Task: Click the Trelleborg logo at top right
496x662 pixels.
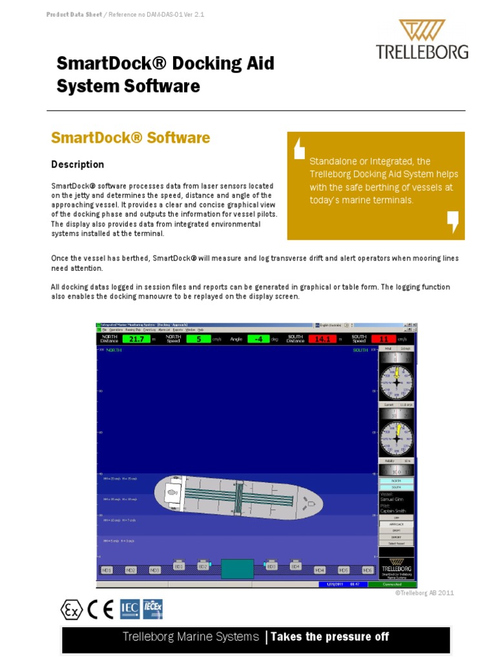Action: [422, 39]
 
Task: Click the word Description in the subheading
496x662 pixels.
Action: [77, 164]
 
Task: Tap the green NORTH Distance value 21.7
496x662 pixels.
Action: [136, 339]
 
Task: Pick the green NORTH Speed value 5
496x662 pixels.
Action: [199, 339]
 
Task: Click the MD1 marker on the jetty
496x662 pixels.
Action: [107, 570]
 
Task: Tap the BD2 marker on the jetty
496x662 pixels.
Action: [202, 566]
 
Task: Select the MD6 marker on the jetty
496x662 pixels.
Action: [367, 570]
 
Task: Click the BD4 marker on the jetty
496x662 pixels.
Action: [295, 566]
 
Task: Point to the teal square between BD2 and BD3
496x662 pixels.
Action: [237, 569]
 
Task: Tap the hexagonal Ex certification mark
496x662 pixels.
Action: [71, 609]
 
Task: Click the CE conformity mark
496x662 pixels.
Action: [103, 609]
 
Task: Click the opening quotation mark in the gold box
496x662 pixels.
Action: [298, 148]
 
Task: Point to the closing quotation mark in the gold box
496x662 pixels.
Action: [453, 221]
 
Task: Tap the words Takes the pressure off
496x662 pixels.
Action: [329, 637]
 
